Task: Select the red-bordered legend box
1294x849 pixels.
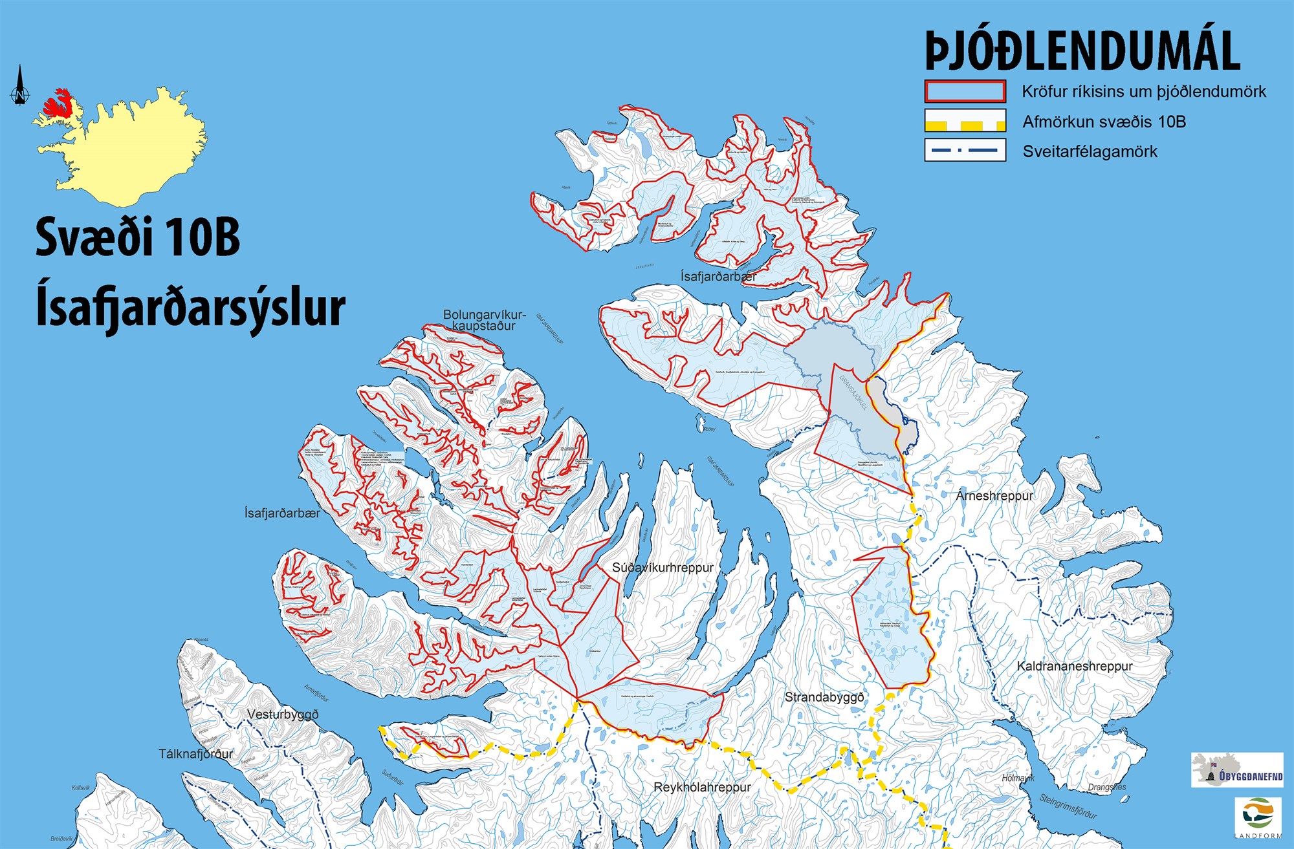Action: click(965, 91)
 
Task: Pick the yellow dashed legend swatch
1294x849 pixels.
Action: click(965, 121)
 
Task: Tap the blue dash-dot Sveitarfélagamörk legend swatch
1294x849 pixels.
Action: click(965, 151)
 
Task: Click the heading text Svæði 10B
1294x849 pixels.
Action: click(137, 237)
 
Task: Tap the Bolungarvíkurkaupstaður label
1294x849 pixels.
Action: click(484, 320)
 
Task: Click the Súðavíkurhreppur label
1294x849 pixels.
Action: click(663, 568)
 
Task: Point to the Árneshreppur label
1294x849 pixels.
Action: click(994, 496)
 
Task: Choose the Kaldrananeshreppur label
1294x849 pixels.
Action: click(1074, 666)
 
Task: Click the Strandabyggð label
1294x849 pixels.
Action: click(824, 697)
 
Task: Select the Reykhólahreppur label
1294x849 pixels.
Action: click(702, 788)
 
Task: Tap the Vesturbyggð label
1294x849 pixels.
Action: click(283, 715)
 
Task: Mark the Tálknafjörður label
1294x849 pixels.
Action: click(195, 754)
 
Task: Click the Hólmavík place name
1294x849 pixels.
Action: click(1018, 779)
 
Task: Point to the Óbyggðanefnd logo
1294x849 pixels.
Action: click(1236, 770)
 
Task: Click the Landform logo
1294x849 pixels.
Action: click(1258, 817)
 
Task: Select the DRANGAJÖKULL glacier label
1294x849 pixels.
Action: click(853, 392)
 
